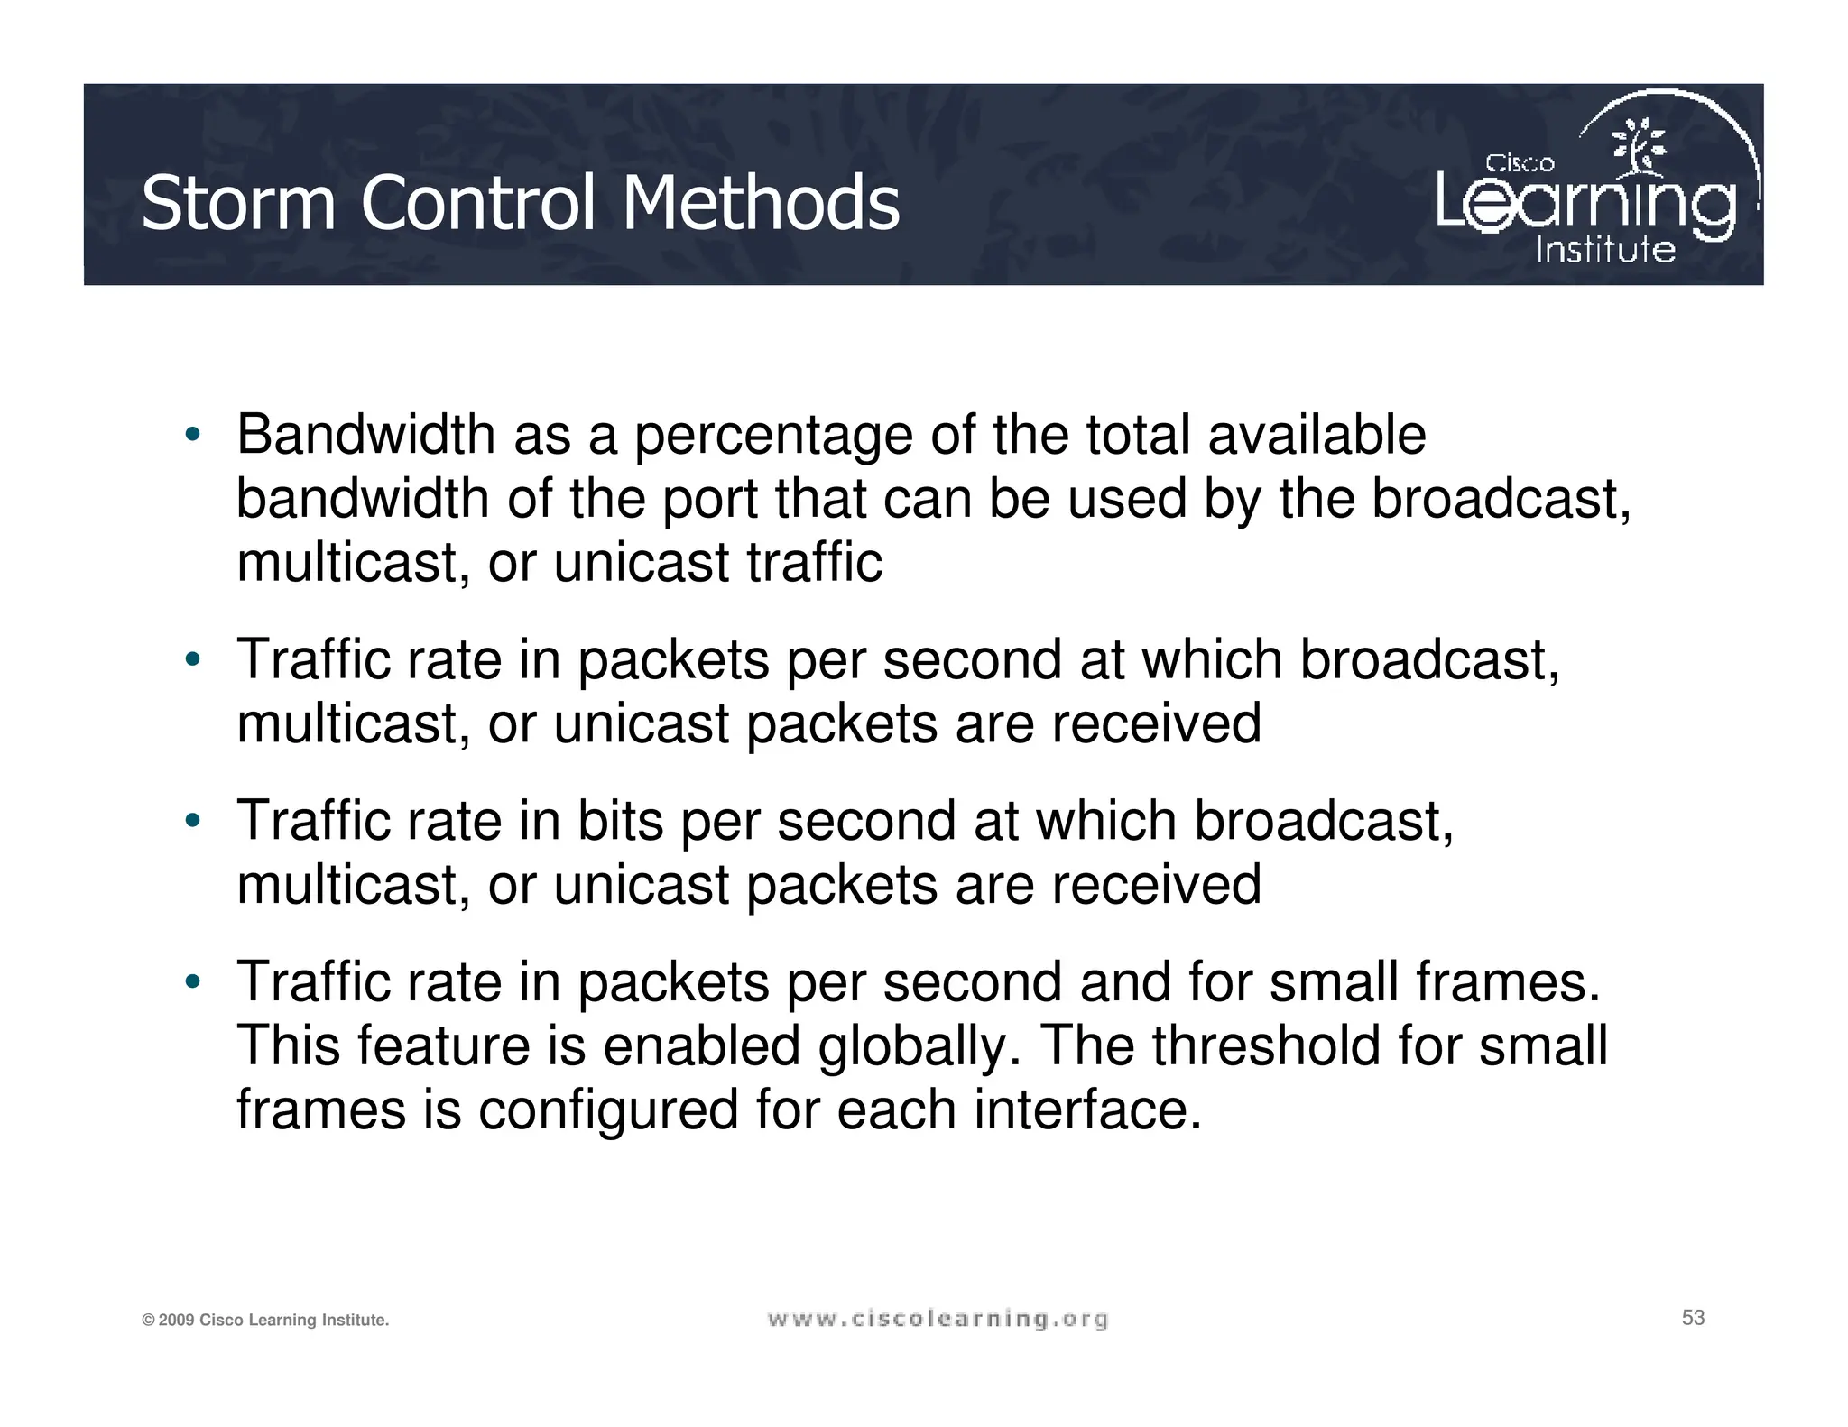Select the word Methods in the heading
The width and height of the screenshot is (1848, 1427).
[x=761, y=203]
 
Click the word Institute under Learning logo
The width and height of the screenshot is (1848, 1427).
[x=1605, y=249]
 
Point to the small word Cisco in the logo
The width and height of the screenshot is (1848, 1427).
[x=1520, y=163]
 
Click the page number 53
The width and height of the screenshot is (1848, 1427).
[x=1693, y=1318]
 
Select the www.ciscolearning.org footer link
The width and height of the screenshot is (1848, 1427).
[x=938, y=1320]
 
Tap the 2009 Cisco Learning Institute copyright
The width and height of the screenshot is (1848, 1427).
[x=265, y=1321]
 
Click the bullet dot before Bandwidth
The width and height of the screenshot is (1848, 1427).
[x=191, y=436]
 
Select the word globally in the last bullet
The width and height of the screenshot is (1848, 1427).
[x=919, y=1045]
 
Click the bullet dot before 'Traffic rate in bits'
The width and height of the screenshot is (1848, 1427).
[x=191, y=822]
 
